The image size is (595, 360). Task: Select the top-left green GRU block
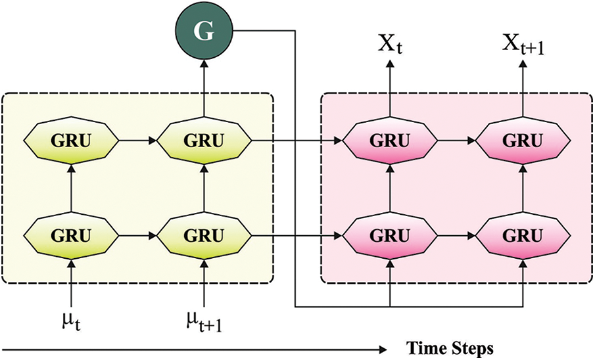[71, 140]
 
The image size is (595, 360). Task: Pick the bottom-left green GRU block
[71, 234]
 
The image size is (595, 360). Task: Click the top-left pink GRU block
[391, 140]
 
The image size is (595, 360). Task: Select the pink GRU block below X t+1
[523, 140]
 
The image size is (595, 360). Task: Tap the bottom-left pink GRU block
[391, 234]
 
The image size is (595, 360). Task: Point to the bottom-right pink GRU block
[523, 234]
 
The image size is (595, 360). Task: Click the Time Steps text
[448, 348]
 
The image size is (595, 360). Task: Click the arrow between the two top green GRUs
[139, 140]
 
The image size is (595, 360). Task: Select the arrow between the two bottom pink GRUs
[457, 234]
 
